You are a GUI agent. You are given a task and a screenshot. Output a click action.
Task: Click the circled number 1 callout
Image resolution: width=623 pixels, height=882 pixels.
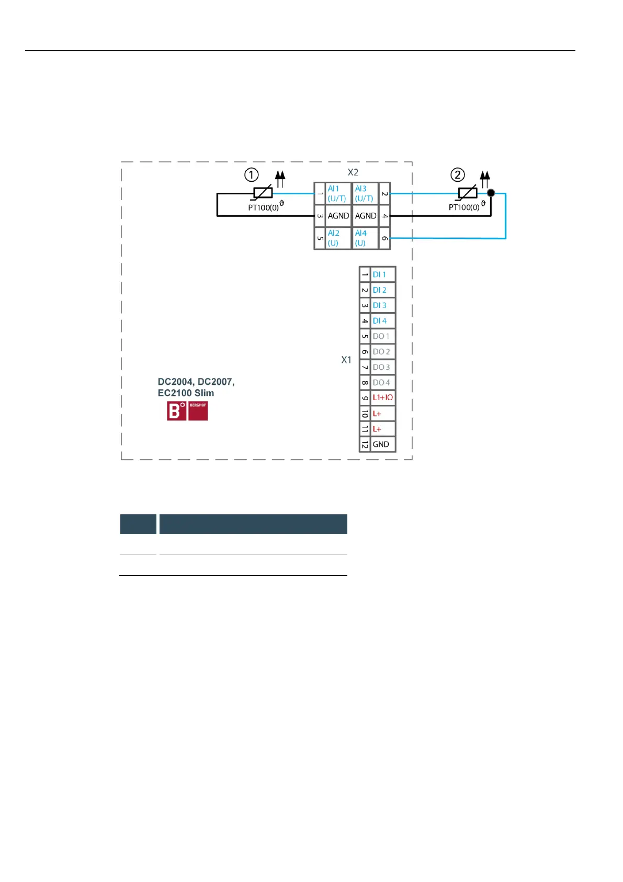point(252,175)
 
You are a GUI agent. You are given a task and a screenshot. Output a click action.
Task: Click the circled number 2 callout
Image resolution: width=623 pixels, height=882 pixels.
point(458,175)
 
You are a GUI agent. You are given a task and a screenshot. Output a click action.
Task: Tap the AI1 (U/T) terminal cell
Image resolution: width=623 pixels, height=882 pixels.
point(337,193)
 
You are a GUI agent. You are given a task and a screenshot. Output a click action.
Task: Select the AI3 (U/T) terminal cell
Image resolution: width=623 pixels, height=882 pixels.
point(365,193)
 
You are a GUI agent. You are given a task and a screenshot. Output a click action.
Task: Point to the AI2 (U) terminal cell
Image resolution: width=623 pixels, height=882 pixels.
point(337,238)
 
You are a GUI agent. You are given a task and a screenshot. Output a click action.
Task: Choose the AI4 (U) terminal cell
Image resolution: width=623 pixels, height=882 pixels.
point(365,238)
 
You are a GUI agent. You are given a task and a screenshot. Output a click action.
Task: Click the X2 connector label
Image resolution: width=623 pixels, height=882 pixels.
point(353,172)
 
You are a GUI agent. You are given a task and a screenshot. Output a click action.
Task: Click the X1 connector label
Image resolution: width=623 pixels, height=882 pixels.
point(346,360)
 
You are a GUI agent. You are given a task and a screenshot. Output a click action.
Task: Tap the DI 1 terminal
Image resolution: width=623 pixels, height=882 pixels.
point(382,274)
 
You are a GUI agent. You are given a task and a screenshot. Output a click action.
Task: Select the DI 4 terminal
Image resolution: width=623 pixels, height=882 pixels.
point(382,321)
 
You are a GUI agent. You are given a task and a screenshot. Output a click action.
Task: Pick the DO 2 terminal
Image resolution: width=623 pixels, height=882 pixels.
point(382,351)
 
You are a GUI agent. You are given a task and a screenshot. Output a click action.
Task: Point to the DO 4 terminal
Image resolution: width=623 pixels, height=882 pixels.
point(382,382)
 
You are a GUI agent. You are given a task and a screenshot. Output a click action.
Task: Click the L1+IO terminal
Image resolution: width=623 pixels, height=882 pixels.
point(382,398)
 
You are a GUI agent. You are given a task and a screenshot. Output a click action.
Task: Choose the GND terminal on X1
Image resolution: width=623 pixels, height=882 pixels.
point(382,444)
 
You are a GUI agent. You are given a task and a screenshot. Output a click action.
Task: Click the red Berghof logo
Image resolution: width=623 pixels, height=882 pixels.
point(187,411)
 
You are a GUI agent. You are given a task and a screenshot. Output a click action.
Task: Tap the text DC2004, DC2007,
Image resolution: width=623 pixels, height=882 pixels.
point(196,382)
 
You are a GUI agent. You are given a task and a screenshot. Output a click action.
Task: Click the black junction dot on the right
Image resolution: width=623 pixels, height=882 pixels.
point(491,193)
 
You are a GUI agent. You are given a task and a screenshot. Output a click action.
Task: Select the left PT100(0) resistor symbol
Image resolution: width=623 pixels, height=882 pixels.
point(263,193)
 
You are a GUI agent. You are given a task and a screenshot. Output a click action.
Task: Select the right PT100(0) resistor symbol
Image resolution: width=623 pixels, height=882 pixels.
point(467,193)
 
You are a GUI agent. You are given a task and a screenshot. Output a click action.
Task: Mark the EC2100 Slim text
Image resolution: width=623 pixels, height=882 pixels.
point(186,393)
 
